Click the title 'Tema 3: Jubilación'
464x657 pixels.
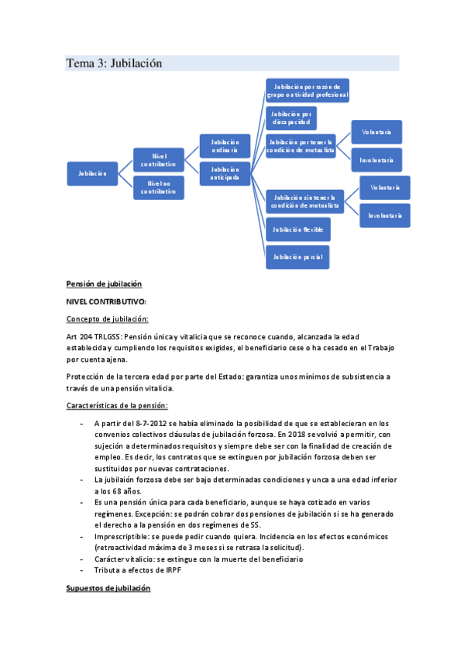114,64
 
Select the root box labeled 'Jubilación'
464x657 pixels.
92,173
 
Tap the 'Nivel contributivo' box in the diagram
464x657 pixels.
159,160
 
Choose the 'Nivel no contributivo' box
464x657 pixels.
159,187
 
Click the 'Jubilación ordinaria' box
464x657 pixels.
225,146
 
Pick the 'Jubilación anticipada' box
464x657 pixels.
225,174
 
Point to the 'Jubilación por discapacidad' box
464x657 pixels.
290,118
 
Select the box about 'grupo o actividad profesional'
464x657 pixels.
308,90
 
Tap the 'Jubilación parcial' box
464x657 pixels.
297,256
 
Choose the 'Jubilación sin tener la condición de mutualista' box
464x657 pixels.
308,201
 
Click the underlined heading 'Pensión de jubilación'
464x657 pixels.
105,284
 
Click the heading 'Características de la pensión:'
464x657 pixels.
117,405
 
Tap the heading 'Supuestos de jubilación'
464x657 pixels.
108,589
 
